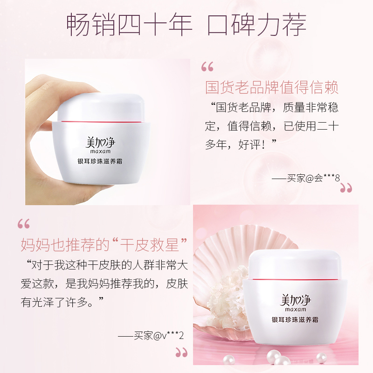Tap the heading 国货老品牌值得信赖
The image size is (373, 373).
click(x=272, y=88)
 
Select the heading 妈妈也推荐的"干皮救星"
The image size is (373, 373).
click(x=104, y=244)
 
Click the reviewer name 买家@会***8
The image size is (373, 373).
click(x=306, y=178)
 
